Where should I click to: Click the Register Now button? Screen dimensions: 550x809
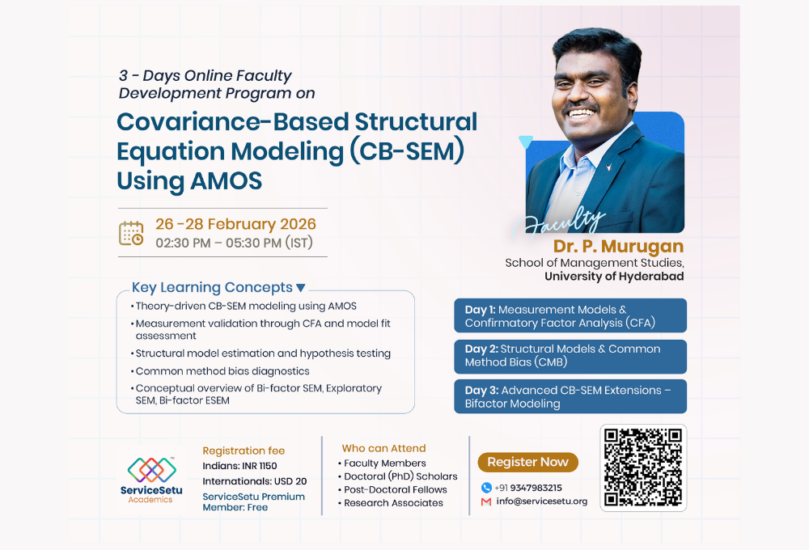point(527,462)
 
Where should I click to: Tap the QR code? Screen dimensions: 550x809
point(643,467)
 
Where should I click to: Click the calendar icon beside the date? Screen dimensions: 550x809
point(131,233)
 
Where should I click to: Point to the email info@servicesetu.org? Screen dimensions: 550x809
point(541,501)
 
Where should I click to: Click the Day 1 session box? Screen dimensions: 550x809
point(570,315)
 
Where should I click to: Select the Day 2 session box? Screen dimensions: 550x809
point(570,356)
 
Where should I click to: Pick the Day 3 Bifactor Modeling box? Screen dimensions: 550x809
point(570,396)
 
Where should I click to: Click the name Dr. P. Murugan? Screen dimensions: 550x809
point(618,246)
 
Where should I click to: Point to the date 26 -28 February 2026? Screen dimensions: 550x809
point(235,224)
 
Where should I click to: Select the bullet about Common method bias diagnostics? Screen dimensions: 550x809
point(222,370)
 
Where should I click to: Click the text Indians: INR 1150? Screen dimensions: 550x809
point(239,466)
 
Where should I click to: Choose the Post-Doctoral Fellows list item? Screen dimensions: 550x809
point(395,489)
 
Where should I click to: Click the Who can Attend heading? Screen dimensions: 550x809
point(383,448)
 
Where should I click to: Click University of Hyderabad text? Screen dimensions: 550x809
point(614,276)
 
